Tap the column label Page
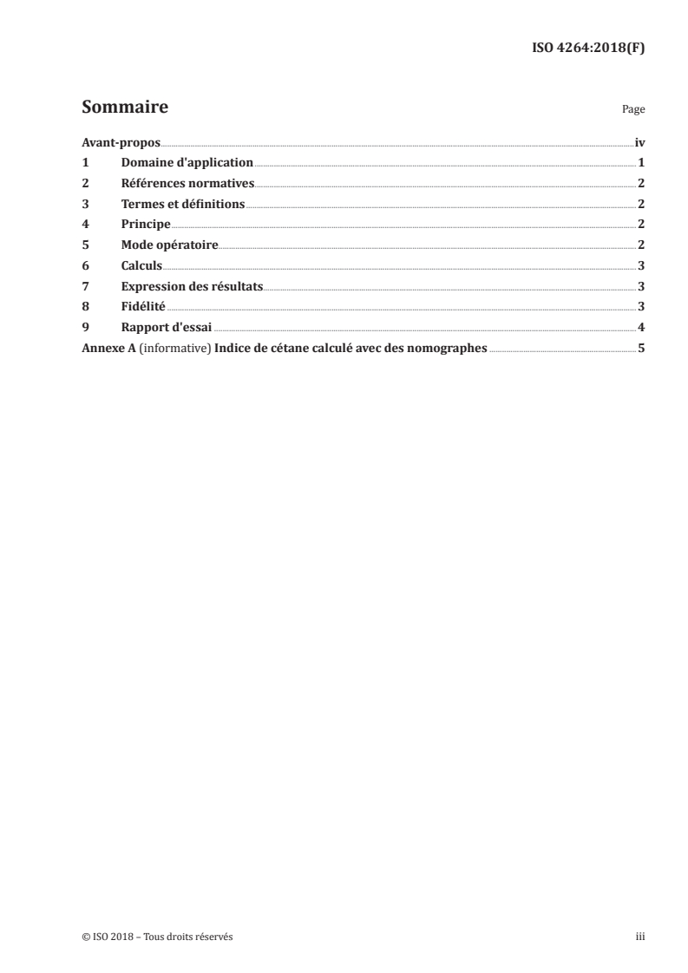(633, 110)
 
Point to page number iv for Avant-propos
(639, 142)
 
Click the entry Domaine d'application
(187, 163)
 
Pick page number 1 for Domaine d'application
(640, 163)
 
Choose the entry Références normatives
(187, 183)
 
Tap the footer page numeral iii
(640, 937)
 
